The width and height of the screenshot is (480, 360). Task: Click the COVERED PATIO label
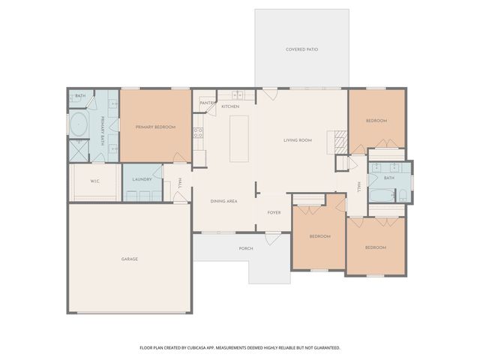click(301, 49)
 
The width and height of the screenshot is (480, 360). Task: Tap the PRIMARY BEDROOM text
click(155, 127)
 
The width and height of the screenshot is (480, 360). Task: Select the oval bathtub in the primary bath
click(79, 125)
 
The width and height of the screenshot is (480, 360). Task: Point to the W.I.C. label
click(95, 181)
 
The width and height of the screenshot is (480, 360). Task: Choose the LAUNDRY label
click(142, 179)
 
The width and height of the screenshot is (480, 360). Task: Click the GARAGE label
click(130, 259)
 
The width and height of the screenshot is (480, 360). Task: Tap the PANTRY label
click(208, 103)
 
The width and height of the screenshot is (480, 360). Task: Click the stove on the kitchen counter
click(199, 133)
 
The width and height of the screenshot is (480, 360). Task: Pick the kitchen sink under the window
click(238, 95)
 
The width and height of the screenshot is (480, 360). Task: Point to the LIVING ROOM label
click(297, 140)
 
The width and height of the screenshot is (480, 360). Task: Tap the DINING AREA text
click(224, 201)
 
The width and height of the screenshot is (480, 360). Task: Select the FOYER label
click(274, 212)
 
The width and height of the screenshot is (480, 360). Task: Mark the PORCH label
click(245, 248)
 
